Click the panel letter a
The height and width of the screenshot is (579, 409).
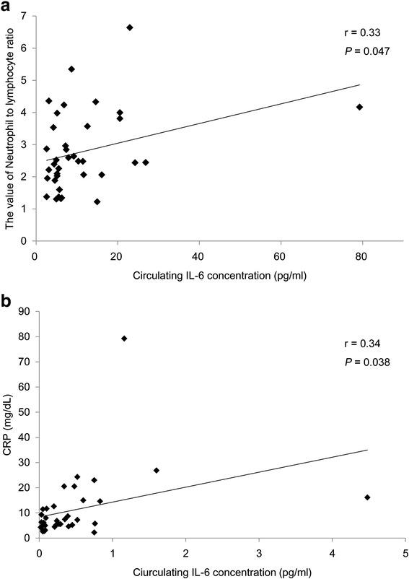click(x=7, y=7)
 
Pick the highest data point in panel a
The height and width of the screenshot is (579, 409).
click(x=130, y=27)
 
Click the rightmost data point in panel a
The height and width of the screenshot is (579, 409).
click(x=359, y=107)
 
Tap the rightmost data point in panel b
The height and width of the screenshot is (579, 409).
click(x=367, y=497)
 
